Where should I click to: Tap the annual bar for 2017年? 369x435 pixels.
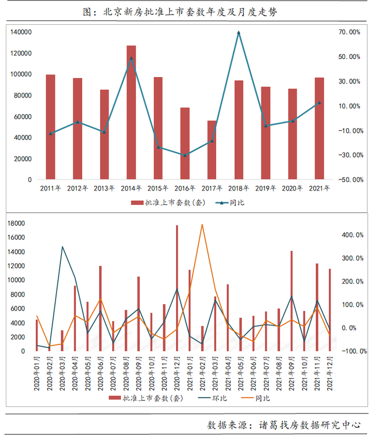pyautogui.click(x=211, y=150)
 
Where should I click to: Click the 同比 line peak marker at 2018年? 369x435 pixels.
pyautogui.click(x=239, y=33)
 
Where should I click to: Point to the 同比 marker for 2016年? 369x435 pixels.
pyautogui.click(x=184, y=155)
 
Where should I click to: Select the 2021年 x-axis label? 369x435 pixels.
pyautogui.click(x=319, y=188)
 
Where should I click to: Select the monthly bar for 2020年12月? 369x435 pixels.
pyautogui.click(x=177, y=288)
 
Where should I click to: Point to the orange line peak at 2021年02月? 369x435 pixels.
pyautogui.click(x=202, y=224)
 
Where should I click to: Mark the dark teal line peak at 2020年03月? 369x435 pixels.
pyautogui.click(x=62, y=247)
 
